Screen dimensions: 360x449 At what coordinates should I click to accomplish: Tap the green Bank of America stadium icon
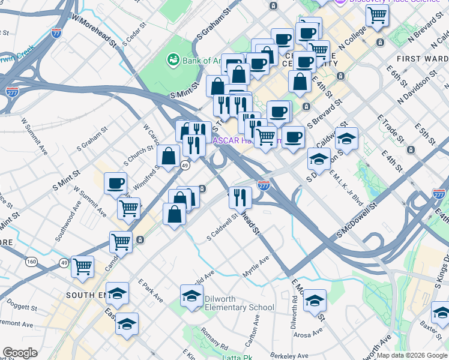pos(173,59)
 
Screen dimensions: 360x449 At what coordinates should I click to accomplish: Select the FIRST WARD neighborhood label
pos(423,58)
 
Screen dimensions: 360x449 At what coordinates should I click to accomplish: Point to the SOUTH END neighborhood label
pos(89,295)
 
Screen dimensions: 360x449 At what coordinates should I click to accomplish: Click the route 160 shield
pos(31,261)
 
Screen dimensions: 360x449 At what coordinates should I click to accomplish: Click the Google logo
pos(20,353)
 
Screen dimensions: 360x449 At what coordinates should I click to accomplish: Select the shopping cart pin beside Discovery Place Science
pos(377,16)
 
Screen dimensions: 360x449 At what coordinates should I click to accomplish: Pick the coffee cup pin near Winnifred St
pos(115,184)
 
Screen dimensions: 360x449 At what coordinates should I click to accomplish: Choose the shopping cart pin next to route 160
pos(82,266)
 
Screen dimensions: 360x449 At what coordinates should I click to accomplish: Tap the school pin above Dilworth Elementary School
pos(191,296)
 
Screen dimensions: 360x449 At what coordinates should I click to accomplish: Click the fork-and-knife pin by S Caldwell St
pos(240,197)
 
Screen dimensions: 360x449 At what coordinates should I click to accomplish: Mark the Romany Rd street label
pos(214,340)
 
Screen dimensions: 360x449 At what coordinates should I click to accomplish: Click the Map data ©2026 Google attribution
pos(412,355)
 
